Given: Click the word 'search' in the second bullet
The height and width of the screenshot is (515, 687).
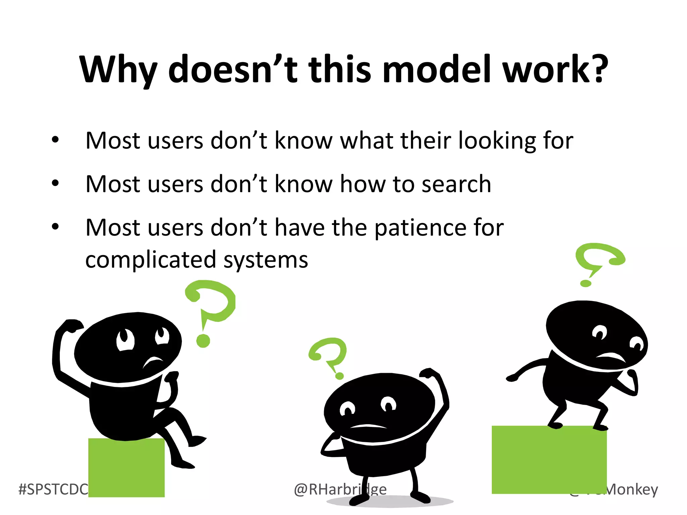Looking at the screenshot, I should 456,184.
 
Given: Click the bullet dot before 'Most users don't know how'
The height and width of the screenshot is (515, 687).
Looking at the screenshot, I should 55,183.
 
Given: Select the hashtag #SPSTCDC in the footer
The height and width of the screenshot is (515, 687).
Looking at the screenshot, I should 53,490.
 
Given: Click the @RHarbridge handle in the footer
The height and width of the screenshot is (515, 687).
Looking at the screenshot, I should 340,490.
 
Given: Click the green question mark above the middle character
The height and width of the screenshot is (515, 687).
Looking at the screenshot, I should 329,355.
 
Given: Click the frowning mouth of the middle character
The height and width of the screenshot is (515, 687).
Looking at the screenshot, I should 368,426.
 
